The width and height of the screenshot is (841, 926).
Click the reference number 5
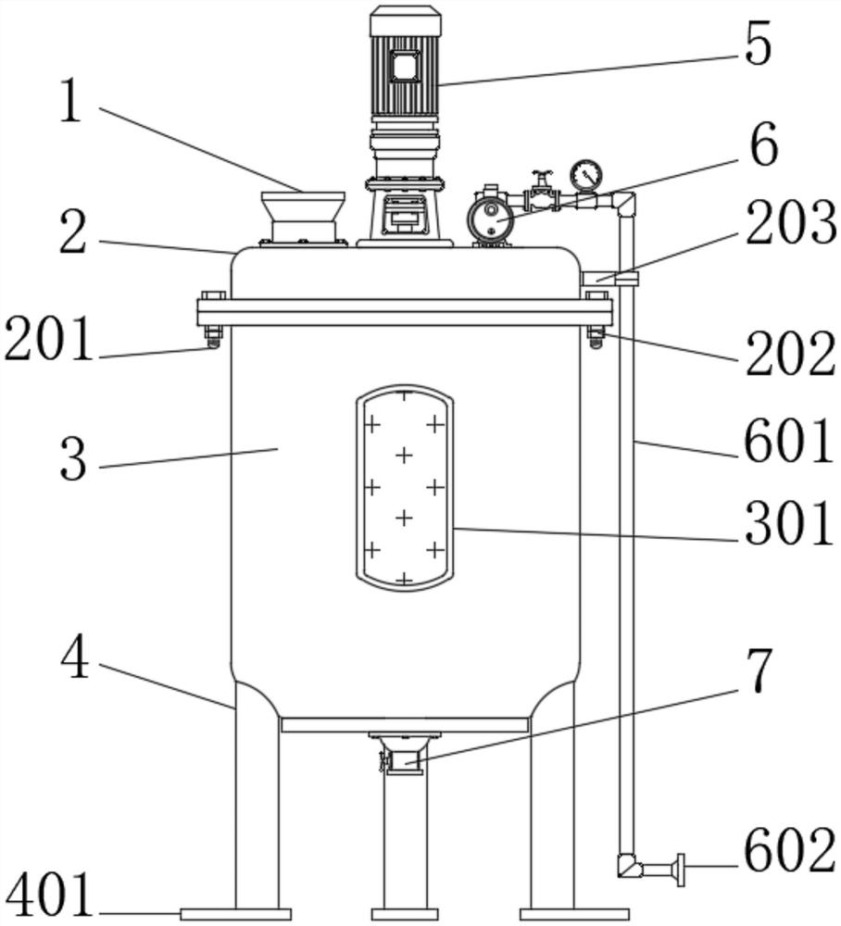[x=758, y=44]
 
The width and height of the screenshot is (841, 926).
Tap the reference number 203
[x=791, y=222]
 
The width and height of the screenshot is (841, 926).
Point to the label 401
[x=48, y=895]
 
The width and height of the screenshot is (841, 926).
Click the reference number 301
[x=789, y=523]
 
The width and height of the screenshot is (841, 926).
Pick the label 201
[x=48, y=338]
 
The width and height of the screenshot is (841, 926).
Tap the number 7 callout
[x=757, y=671]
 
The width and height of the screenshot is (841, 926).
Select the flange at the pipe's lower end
[x=681, y=870]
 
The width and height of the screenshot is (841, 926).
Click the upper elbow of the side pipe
[x=624, y=204]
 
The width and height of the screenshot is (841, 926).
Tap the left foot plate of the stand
[x=235, y=914]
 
